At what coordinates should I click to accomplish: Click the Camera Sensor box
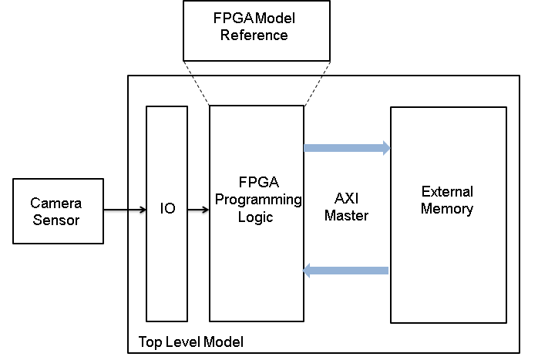[58, 211]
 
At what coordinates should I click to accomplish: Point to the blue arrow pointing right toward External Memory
[347, 148]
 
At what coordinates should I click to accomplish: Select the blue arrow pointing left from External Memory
[346, 270]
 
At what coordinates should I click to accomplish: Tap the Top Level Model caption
[190, 341]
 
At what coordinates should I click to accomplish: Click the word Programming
[257, 200]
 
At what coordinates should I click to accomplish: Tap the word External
[447, 192]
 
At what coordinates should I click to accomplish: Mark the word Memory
[447, 208]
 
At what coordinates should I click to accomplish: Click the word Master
[346, 217]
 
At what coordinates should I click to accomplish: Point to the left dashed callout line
[197, 82]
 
